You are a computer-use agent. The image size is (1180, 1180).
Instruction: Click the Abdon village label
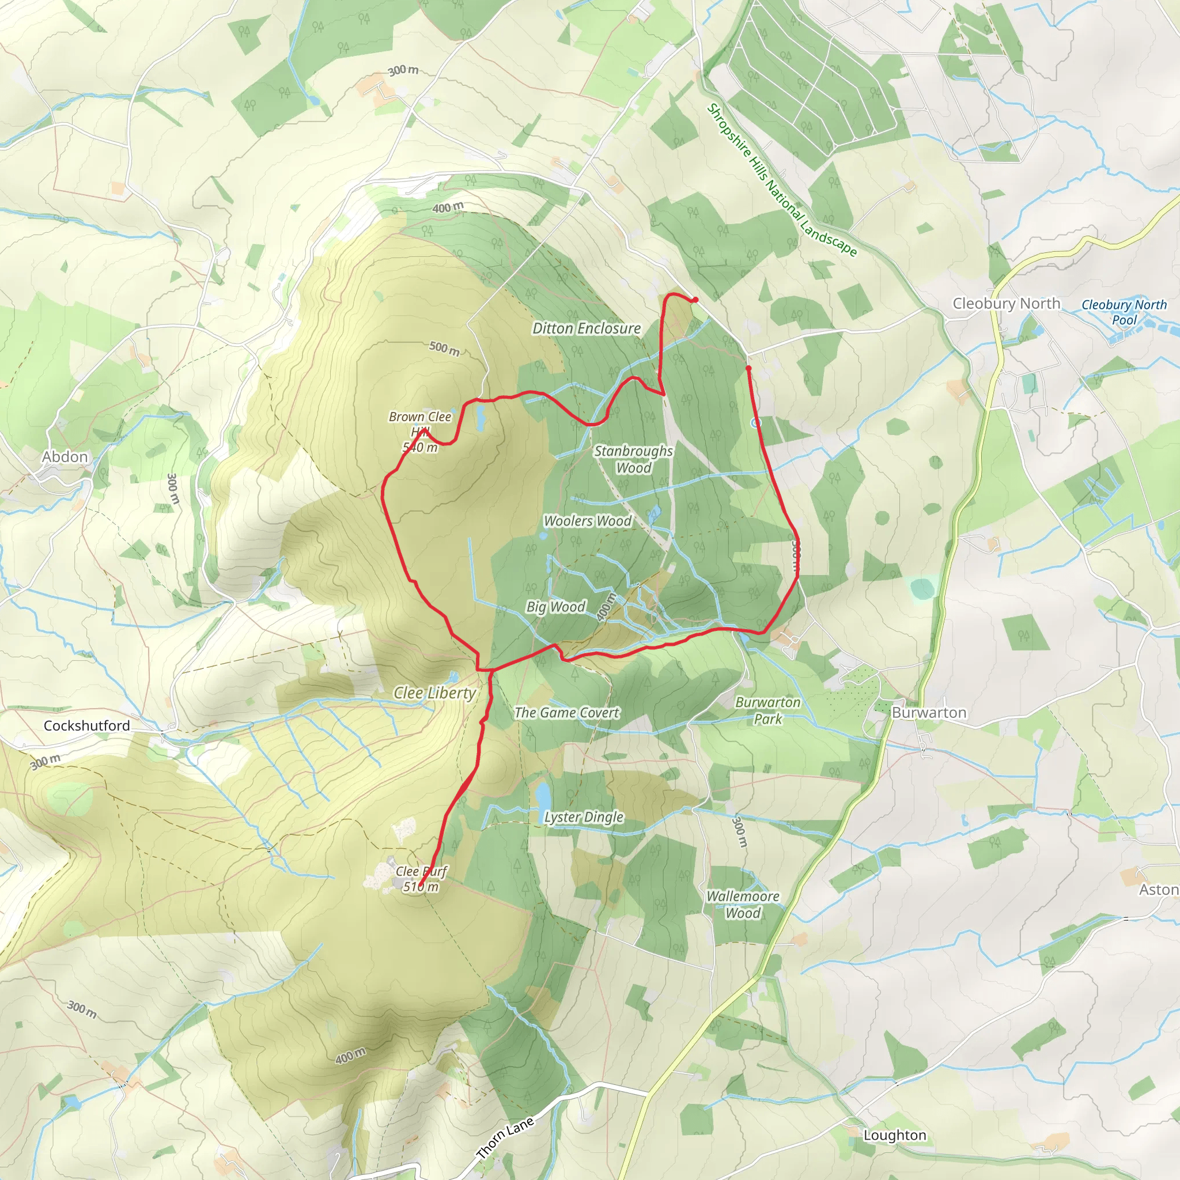65,457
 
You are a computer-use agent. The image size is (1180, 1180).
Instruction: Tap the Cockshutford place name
87,725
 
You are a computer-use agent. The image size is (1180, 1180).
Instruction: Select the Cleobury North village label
1006,304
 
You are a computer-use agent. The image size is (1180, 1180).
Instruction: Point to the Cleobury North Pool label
1124,312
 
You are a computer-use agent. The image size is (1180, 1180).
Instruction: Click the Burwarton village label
928,713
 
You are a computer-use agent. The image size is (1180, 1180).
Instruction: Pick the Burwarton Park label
767,710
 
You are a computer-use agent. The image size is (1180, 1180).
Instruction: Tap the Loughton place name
894,1135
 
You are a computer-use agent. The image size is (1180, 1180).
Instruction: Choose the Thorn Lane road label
505,1137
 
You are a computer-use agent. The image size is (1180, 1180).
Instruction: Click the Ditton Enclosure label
587,328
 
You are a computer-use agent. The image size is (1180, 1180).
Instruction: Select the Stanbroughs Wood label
633,459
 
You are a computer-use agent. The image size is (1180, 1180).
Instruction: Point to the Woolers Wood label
588,521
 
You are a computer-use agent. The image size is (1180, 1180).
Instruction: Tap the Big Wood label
556,607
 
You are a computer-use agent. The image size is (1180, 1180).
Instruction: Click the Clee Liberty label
434,693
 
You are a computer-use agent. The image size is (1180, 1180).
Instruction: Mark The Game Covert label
566,713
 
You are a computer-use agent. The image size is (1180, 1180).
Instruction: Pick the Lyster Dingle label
584,816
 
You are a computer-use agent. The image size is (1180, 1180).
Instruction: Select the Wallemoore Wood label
743,905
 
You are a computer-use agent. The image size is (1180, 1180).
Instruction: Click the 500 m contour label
444,348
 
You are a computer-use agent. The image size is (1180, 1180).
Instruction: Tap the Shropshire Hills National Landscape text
781,180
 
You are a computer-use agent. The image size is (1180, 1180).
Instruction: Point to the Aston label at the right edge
1158,890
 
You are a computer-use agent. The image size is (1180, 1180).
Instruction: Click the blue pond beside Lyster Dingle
542,795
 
